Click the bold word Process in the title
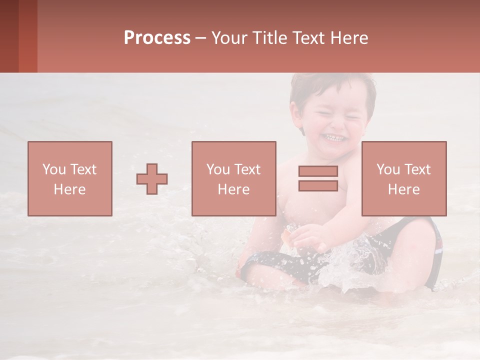coord(157,38)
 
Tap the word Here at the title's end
coord(349,38)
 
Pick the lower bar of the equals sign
coord(318,185)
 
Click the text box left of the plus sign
coord(70,178)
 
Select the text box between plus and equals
coord(234,178)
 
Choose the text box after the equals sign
coord(404,178)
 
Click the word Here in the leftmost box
coord(70,189)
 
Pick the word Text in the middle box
coord(247,169)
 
